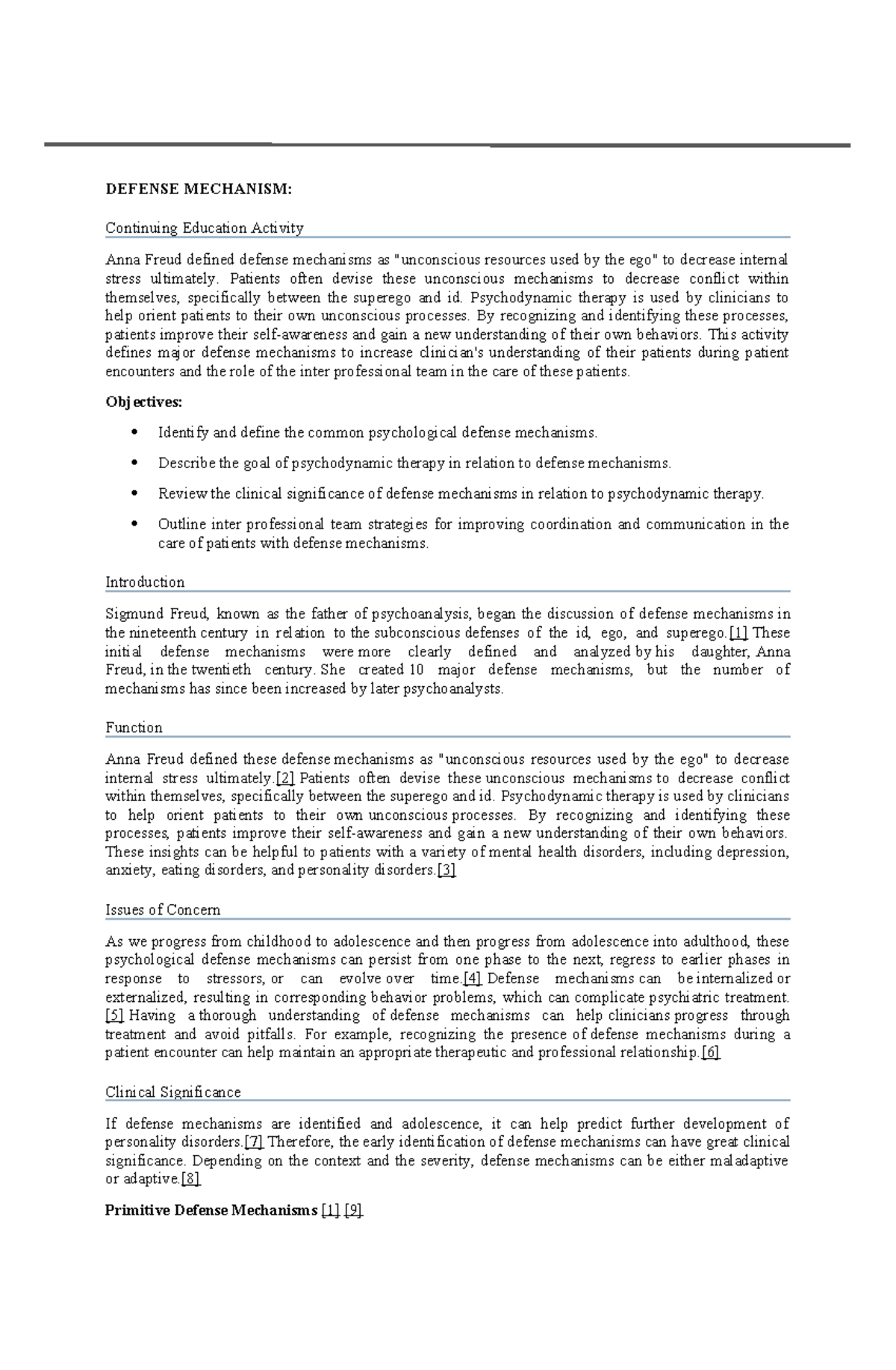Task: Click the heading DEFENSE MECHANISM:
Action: (199, 189)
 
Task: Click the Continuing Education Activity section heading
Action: (204, 228)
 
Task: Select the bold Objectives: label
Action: (143, 402)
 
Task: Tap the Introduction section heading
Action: (145, 582)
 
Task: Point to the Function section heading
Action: (134, 727)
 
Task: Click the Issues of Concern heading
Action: (163, 909)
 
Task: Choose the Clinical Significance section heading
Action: (172, 1092)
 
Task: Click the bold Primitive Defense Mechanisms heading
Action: (211, 1210)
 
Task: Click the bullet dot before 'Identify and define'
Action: (134, 432)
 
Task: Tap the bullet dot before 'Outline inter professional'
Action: (134, 524)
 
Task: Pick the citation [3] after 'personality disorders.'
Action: (447, 870)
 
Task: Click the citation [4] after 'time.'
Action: (473, 978)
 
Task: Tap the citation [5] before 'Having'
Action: (114, 1015)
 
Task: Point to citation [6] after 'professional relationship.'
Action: (711, 1052)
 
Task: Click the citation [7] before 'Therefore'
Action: (254, 1142)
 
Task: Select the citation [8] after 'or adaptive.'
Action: (191, 1179)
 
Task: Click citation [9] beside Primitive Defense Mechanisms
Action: (354, 1210)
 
